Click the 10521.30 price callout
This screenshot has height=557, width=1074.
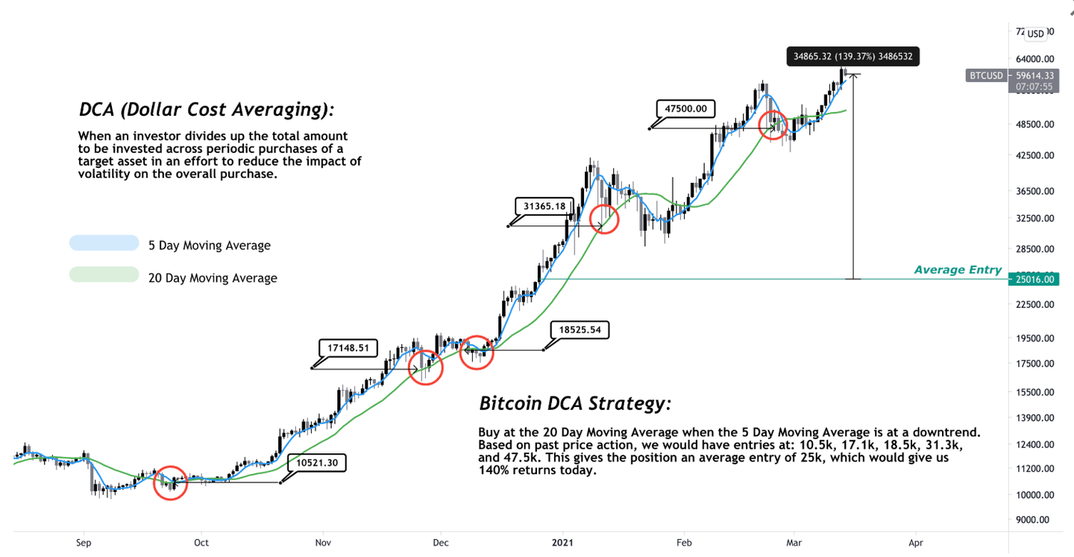pos(316,463)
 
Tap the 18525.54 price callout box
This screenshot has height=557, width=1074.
pos(580,329)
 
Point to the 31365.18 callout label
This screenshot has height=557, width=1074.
pos(548,206)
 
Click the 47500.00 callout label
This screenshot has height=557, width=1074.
pos(685,108)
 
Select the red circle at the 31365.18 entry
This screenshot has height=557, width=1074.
pos(604,219)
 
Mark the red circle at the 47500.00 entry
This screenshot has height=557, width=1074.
pos(773,125)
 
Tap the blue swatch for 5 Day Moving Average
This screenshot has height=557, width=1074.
pos(104,243)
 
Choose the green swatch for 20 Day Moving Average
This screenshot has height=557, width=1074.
pos(104,276)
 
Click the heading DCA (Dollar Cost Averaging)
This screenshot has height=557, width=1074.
pos(207,110)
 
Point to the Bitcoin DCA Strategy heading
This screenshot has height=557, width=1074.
pos(575,404)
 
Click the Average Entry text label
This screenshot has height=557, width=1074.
pos(958,270)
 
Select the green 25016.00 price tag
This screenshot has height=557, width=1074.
pos(1034,279)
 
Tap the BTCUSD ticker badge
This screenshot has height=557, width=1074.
pos(985,75)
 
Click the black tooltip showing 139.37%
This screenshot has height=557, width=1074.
pos(853,56)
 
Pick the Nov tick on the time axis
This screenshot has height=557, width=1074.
pos(322,543)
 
